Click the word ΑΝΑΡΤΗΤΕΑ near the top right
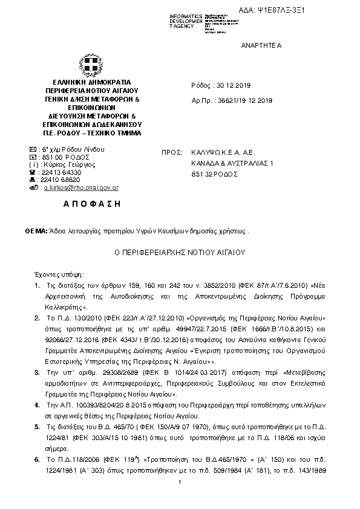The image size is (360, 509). point(261,46)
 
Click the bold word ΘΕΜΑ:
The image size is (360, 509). point(36,231)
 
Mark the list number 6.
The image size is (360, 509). point(37,459)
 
